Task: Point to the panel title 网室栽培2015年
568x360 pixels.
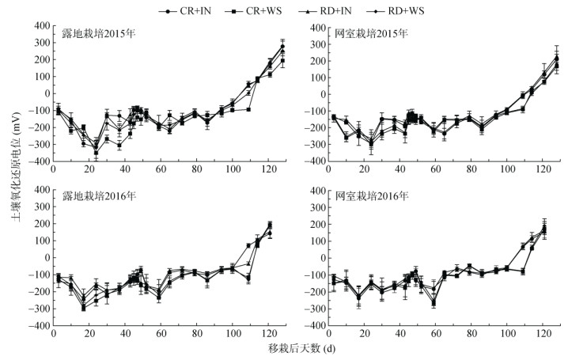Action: (x=370, y=35)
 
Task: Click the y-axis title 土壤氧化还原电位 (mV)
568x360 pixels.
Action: (x=10, y=176)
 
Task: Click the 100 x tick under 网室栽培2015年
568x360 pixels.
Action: (x=507, y=171)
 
